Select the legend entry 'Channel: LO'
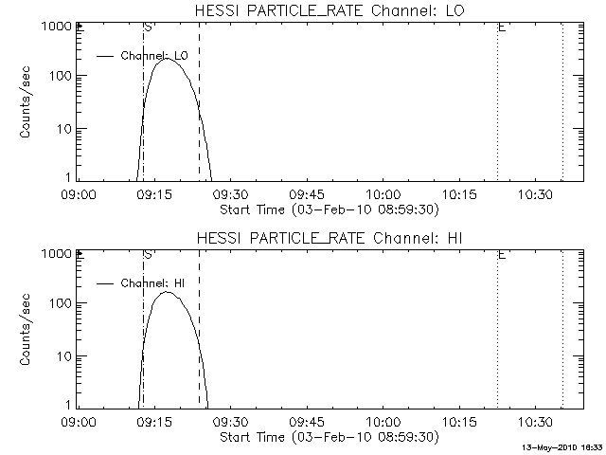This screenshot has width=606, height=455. coord(154,56)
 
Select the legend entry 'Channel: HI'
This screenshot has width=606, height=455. coord(158,282)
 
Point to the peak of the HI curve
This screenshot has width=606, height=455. coord(167,292)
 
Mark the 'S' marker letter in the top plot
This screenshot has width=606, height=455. coord(147,28)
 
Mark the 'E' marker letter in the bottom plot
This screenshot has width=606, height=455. coord(501,255)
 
